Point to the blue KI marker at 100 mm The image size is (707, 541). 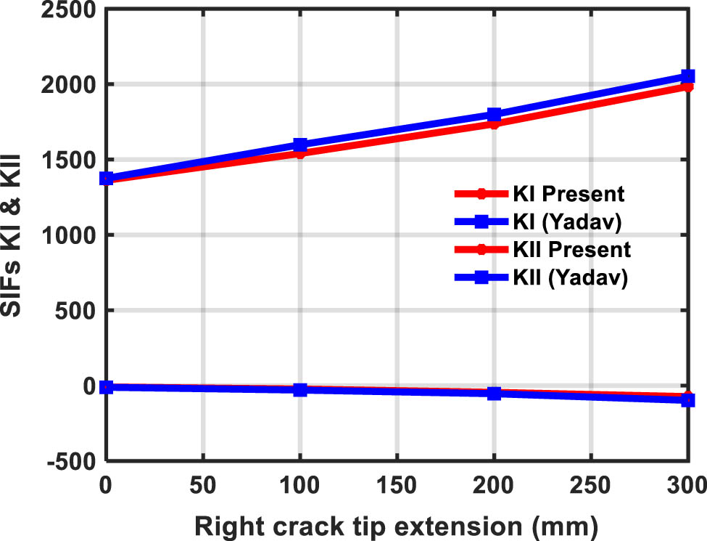coord(299,145)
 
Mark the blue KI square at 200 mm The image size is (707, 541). coord(494,115)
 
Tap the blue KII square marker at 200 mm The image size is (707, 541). coord(494,394)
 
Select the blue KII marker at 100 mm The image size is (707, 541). coord(299,390)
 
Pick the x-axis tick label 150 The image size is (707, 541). coord(397,482)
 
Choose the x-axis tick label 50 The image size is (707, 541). coord(202,482)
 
